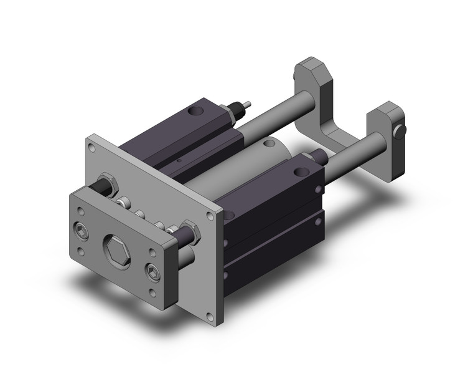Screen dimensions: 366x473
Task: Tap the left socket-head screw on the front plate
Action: pyautogui.click(x=81, y=228)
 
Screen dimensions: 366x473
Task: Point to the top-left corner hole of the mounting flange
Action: pyautogui.click(x=92, y=148)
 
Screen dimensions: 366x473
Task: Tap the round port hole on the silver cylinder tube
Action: pyautogui.click(x=269, y=144)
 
